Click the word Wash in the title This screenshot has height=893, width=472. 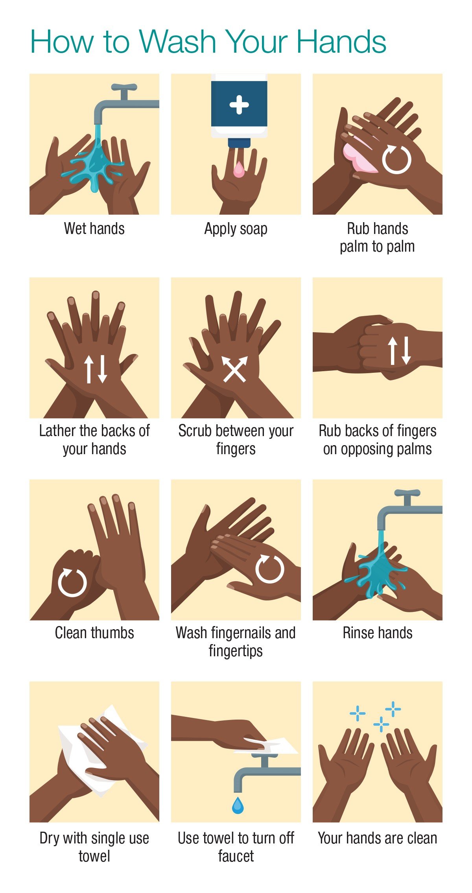click(177, 41)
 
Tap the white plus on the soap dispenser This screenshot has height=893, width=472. click(239, 105)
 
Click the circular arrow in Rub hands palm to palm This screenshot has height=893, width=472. click(396, 159)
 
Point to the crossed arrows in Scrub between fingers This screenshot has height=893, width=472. click(235, 369)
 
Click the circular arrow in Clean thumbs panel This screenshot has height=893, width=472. click(72, 582)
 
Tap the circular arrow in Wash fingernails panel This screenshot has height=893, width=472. click(270, 569)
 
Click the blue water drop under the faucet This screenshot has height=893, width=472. click(238, 805)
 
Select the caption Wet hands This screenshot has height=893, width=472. click(94, 228)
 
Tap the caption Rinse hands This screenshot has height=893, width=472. click(378, 633)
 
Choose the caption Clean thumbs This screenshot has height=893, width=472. click(94, 633)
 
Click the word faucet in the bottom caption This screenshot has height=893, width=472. click(236, 856)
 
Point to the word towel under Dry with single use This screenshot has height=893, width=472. click(94, 856)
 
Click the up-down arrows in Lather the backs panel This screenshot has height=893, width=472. click(96, 369)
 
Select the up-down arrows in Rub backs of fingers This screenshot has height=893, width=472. click(400, 350)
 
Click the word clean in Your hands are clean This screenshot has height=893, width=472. click(422, 838)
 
